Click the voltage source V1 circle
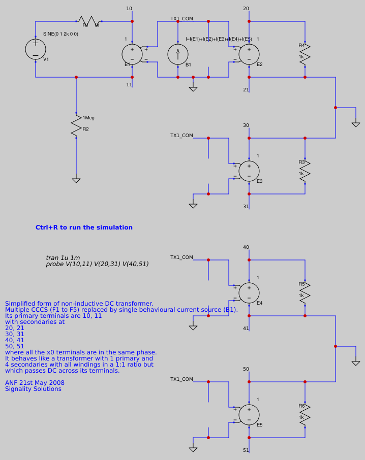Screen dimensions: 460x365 pos(36,49)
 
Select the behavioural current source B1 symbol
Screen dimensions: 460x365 pos(178,54)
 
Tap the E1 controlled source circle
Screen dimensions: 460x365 pos(132,54)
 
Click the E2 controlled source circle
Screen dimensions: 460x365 pos(249,54)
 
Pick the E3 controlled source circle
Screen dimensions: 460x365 pos(249,171)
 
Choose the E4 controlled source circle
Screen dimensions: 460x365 pos(249,293)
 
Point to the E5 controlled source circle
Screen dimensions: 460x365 pos(249,415)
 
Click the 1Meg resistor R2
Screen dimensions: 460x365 pos(76,125)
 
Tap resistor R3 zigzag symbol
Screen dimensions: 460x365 pos(305,171)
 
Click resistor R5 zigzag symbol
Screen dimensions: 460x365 pos(305,292)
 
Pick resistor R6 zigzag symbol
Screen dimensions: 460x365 pos(305,414)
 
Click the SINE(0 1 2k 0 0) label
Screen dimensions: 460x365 pos(60,34)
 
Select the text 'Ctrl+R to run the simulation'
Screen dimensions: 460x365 pos(84,227)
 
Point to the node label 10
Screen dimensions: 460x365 pos(129,9)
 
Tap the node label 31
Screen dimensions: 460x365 pos(246,207)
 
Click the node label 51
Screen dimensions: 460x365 pos(246,450)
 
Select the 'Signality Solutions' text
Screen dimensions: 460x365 pos(33,389)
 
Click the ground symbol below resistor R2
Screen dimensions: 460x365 pos(76,180)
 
